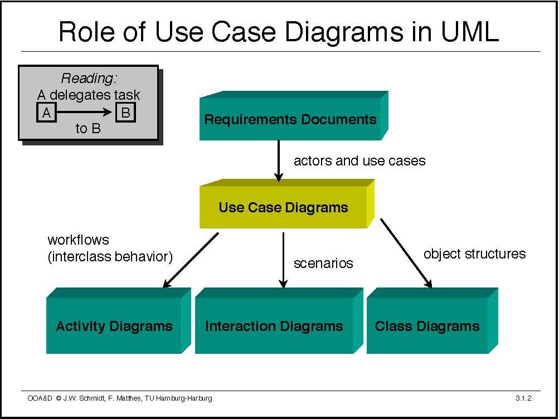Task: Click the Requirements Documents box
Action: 290,119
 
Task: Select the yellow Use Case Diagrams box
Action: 283,208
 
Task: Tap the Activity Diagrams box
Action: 114,326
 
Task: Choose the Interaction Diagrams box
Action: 274,326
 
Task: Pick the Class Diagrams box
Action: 427,326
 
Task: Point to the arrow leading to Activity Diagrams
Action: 189,260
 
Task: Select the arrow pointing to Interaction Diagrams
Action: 283,260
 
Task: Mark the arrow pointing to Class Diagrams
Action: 406,253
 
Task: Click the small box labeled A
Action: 46,113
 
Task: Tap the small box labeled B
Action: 125,113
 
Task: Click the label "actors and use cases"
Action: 359,161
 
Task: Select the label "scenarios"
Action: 323,263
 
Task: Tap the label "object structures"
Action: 474,254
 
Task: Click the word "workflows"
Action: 79,241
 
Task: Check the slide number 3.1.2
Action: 524,398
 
